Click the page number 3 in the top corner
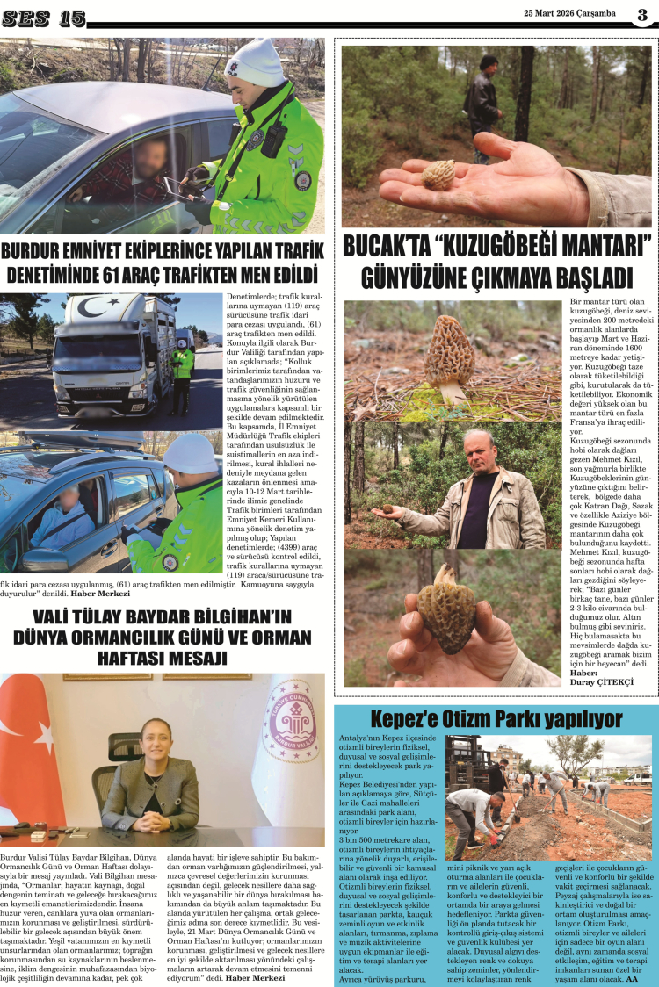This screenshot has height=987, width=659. (643, 14)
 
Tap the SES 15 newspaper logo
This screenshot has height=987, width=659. (43, 18)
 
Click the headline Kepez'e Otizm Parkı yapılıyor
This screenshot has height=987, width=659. (496, 720)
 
